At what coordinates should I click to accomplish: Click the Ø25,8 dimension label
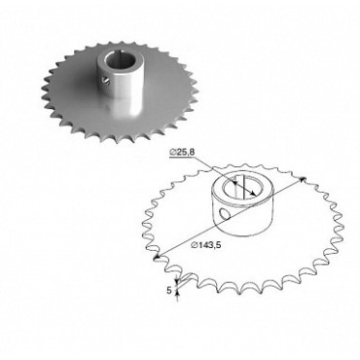(x=182, y=152)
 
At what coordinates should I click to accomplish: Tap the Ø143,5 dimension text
(x=206, y=245)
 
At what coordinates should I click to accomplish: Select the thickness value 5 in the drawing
(x=169, y=291)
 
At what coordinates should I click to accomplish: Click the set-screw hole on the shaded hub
(x=103, y=79)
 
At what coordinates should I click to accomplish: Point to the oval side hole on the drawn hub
(x=224, y=214)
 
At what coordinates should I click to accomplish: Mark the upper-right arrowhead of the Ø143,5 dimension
(x=303, y=179)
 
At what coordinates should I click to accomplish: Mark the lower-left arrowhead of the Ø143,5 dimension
(x=157, y=258)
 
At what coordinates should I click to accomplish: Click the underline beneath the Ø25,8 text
(x=184, y=156)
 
